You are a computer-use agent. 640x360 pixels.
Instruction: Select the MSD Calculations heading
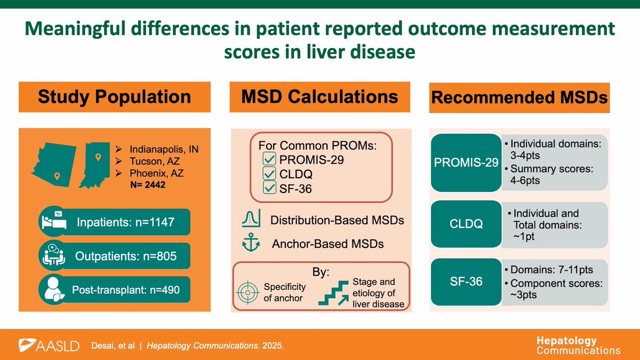pos(320,97)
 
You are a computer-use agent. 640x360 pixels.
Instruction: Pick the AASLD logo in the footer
pos(49,345)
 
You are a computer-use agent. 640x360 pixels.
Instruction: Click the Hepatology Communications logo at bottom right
pos(578,345)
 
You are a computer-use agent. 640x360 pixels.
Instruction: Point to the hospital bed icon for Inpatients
pos(53,222)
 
